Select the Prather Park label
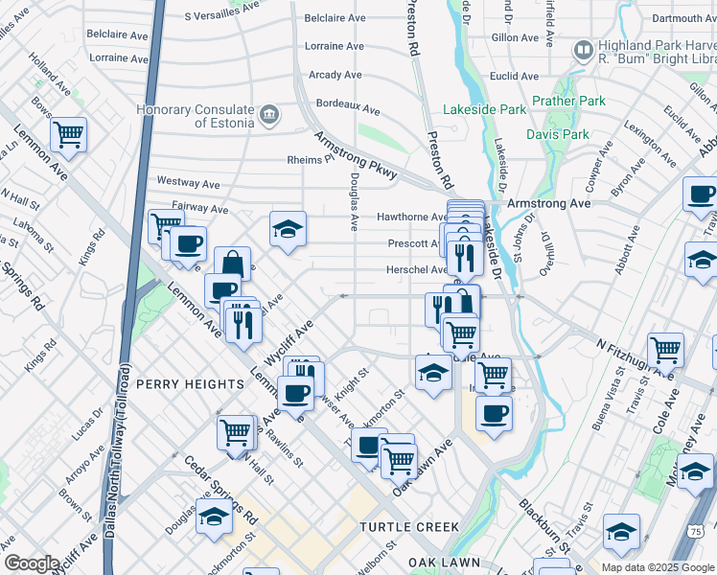pyautogui.click(x=568, y=101)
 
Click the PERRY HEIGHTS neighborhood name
pyautogui.click(x=190, y=384)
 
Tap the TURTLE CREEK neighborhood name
pyautogui.click(x=410, y=527)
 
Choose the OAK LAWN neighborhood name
pyautogui.click(x=442, y=561)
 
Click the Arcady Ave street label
pyautogui.click(x=335, y=75)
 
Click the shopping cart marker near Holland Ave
pyautogui.click(x=69, y=135)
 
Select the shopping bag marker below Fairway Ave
pyautogui.click(x=232, y=264)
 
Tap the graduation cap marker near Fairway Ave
pyautogui.click(x=288, y=229)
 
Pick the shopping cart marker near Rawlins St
pyautogui.click(x=236, y=432)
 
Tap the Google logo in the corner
pyautogui.click(x=32, y=563)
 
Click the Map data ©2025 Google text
pyautogui.click(x=657, y=567)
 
